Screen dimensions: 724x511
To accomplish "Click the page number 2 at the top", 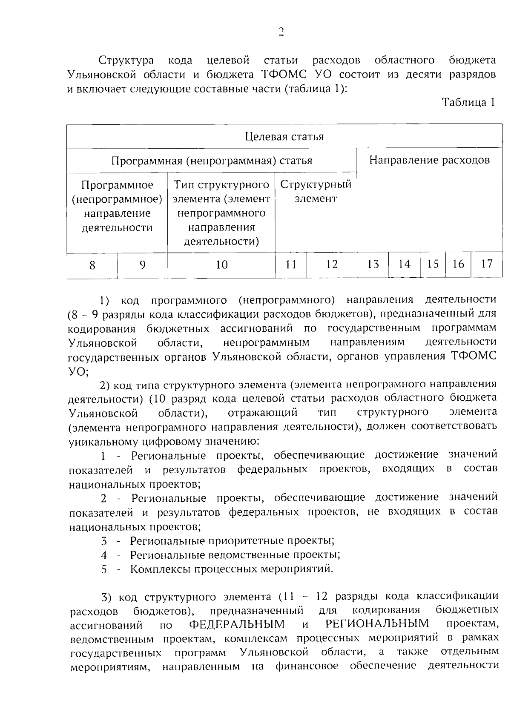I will point(281,32).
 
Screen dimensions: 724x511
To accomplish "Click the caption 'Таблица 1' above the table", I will point(468,103).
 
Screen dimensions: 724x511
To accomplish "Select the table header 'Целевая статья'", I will point(284,137).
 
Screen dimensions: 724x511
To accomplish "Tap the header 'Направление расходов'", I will point(429,160).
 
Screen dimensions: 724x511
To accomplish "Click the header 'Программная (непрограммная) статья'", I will point(212,161).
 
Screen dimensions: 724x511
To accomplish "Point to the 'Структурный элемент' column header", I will point(316,192).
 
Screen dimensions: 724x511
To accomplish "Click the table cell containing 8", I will point(92,265).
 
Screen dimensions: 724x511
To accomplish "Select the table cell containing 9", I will point(142,265).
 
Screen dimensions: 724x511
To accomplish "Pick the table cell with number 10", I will point(221,265).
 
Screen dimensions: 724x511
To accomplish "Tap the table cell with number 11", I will point(291,265).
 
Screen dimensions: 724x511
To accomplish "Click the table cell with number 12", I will point(332,264).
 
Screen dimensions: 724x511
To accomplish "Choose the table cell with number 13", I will point(373,264).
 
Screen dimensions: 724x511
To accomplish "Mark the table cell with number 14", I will point(404,264).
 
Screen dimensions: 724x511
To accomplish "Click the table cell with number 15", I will point(433,264).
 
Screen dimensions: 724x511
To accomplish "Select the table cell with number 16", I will point(458,264).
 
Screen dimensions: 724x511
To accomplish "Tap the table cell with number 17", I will point(487,264).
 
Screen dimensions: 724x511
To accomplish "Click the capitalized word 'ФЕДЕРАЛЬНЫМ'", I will point(237,624).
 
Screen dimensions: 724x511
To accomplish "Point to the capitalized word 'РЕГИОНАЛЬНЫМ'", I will point(377,624).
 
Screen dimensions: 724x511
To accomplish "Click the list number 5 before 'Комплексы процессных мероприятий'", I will point(104,569).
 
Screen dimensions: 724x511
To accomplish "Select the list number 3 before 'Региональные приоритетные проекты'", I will point(104,541).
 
